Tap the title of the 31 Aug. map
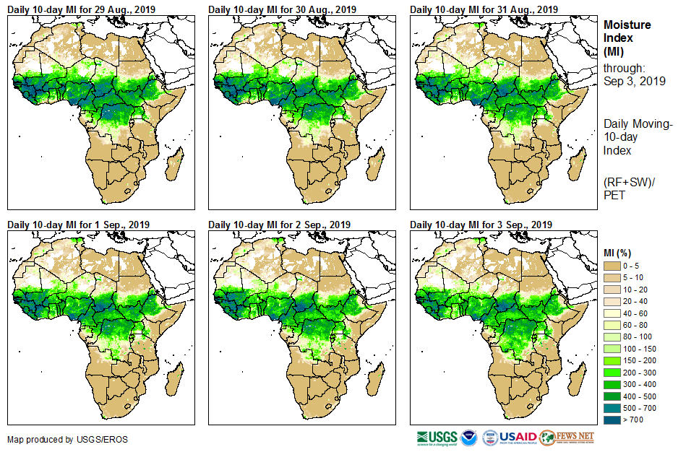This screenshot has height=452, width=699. [484, 9]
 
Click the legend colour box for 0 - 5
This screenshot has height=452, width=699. [612, 266]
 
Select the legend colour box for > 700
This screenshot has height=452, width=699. [612, 419]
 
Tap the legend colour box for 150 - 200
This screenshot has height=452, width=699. [612, 360]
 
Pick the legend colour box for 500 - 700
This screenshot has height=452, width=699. [612, 407]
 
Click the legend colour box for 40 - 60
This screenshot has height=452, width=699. [612, 313]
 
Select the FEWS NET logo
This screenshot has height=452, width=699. [567, 438]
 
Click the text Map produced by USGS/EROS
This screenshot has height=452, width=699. [58, 439]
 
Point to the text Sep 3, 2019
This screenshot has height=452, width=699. [634, 81]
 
